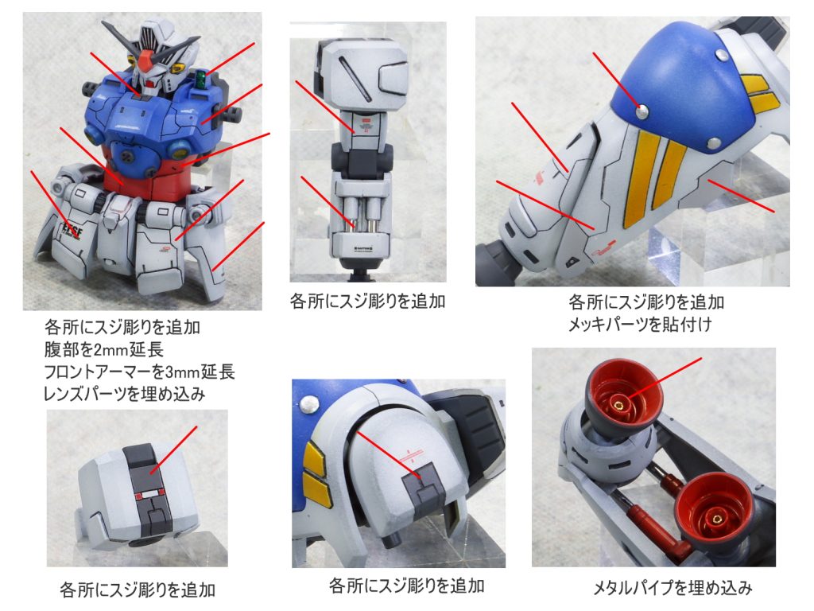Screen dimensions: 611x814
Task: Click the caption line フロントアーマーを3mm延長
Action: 140,372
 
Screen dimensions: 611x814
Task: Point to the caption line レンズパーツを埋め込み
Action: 127,393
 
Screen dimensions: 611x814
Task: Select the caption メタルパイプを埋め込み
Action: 672,589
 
